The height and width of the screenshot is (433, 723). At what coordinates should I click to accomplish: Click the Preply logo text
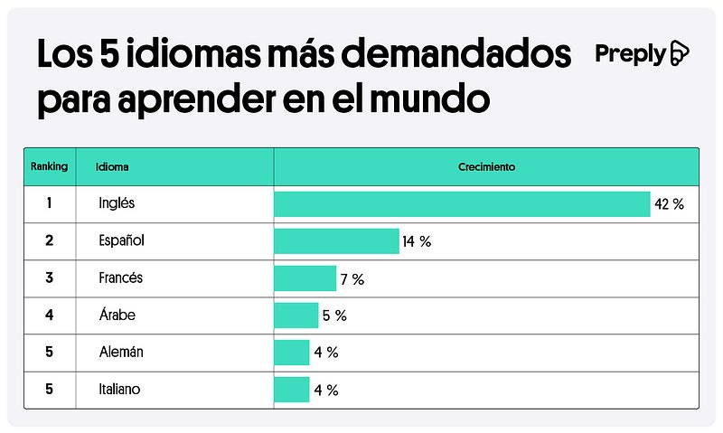[x=630, y=54]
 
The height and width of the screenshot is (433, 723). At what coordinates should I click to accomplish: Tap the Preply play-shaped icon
[x=680, y=54]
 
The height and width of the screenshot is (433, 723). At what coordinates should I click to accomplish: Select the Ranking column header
[x=49, y=167]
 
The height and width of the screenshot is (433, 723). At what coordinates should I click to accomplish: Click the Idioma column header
[x=113, y=167]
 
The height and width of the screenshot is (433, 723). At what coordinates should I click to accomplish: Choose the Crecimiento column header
[x=485, y=167]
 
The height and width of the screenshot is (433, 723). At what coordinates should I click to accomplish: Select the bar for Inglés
[x=462, y=204]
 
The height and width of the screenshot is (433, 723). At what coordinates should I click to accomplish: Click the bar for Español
[x=336, y=241]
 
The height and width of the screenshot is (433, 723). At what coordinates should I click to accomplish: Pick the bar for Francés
[x=305, y=278]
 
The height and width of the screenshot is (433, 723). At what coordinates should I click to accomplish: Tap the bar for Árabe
[x=296, y=315]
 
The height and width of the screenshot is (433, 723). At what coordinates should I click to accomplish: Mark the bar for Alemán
[x=291, y=353]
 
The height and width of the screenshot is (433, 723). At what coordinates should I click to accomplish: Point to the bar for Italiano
[x=291, y=390]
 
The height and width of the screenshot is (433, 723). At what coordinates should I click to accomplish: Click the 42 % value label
[x=670, y=205]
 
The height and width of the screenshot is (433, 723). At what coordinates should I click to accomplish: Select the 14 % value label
[x=418, y=242]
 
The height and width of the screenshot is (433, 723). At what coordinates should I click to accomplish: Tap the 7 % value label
[x=352, y=279]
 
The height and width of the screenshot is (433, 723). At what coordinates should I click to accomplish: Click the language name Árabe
[x=117, y=315]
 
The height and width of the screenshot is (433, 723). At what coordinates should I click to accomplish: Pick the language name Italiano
[x=120, y=390]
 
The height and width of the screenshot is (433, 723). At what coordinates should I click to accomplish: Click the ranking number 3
[x=49, y=278]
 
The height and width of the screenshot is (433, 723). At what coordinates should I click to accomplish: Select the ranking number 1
[x=49, y=204]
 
